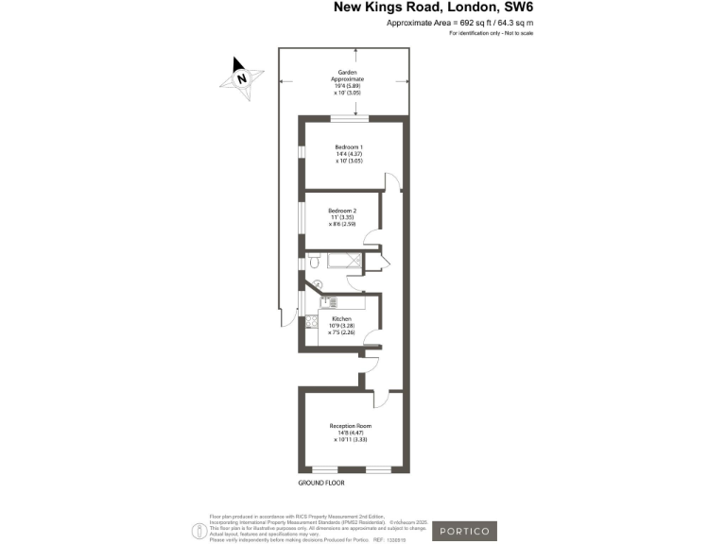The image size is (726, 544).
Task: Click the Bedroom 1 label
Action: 349,153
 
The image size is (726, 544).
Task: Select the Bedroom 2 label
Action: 341,216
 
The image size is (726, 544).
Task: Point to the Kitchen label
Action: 341,325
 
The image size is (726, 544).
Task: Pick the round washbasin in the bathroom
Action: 319,284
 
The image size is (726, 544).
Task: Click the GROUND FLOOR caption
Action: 321,483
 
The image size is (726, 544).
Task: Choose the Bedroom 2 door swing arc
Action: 374,240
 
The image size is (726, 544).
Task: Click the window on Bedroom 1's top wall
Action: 348,118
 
